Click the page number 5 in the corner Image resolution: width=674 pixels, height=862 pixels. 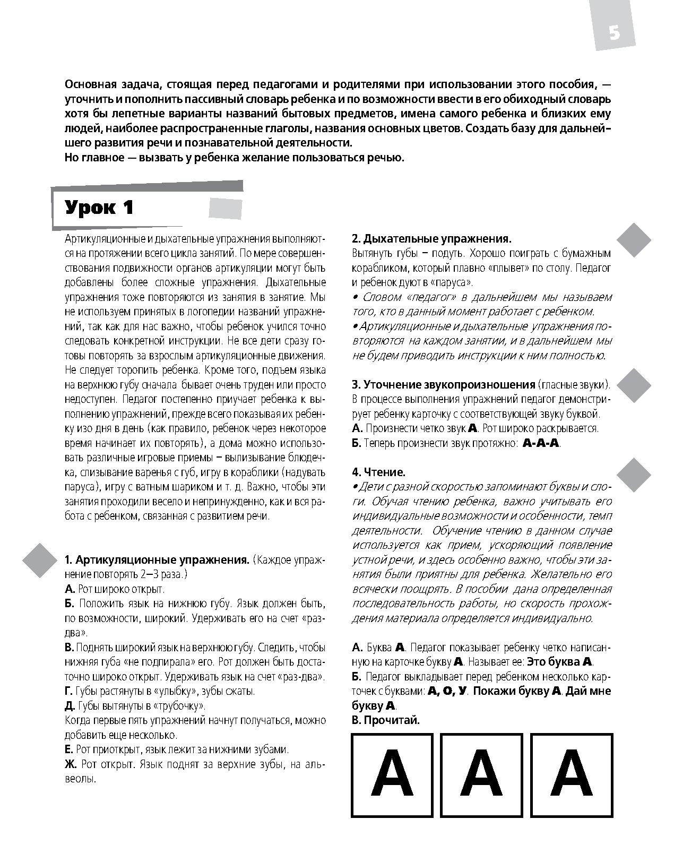(614, 33)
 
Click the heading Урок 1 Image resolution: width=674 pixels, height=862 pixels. (99, 208)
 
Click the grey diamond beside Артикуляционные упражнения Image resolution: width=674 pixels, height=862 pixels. (39, 561)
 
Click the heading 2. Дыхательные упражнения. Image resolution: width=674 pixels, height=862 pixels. (431, 239)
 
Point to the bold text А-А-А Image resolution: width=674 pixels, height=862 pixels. (541, 443)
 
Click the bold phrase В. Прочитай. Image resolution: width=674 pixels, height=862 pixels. (386, 720)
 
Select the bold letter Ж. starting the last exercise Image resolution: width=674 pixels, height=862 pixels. (71, 764)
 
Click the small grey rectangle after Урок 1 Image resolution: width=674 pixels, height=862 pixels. (226, 209)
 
